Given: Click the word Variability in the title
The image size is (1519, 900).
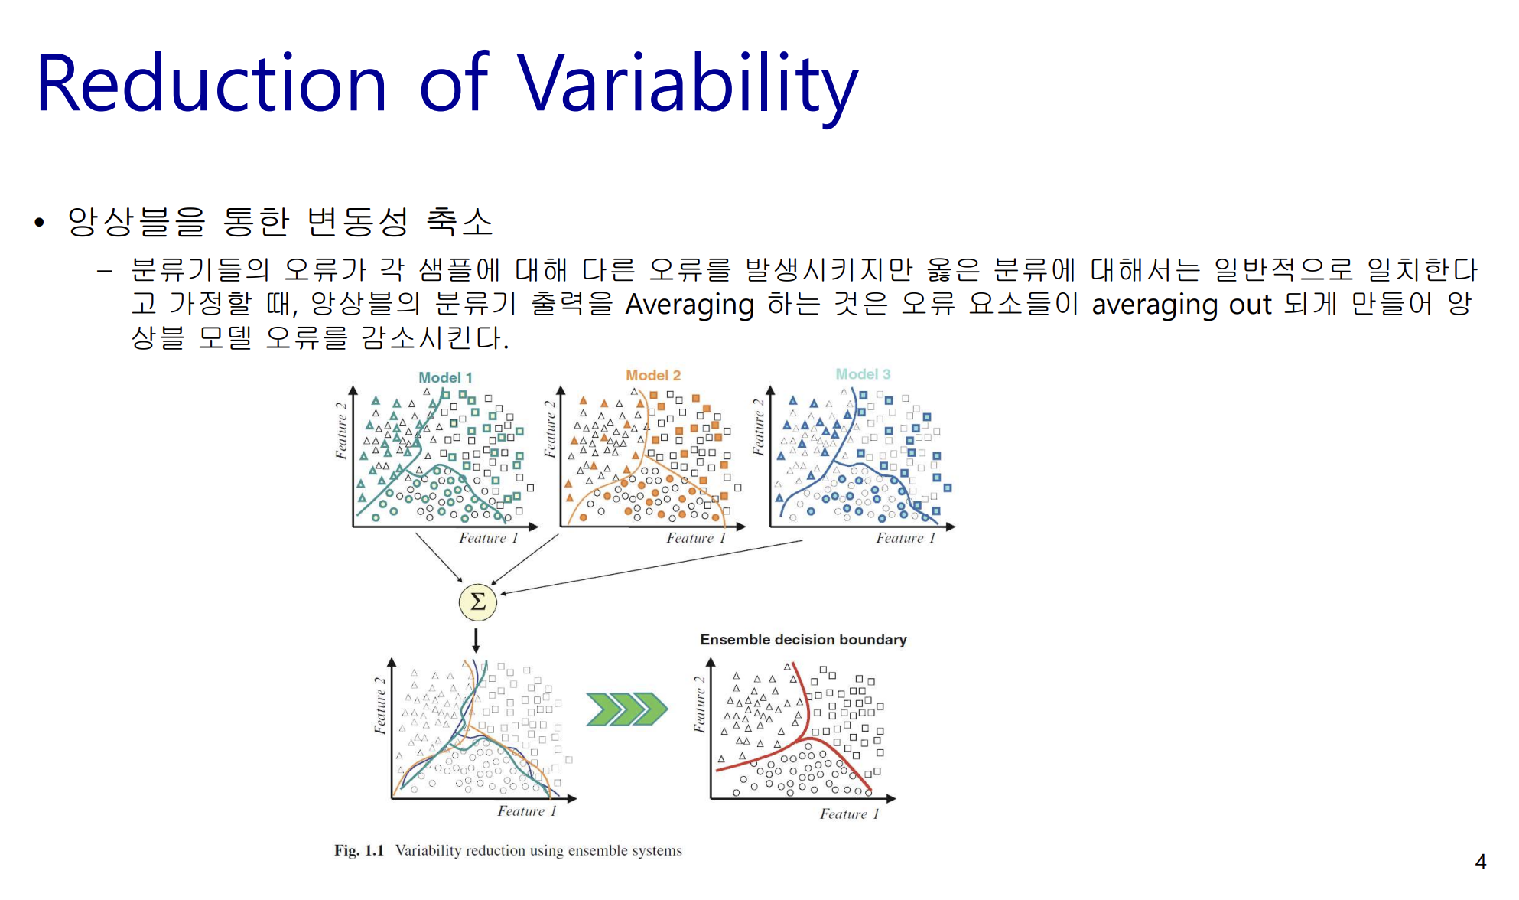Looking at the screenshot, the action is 688,86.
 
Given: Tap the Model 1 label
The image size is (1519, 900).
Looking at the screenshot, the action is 445,377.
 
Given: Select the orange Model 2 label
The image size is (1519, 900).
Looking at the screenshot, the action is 653,375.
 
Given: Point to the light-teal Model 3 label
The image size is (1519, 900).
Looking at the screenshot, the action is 863,374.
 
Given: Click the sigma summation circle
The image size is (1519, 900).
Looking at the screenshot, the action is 477,602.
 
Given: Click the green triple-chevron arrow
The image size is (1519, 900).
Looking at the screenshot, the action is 626,709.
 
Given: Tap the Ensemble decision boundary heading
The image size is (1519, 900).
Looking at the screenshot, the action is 803,639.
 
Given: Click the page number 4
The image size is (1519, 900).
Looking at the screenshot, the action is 1480,862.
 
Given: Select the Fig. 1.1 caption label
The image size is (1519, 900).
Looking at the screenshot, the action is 359,850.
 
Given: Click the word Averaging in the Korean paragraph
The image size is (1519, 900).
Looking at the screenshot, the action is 689,305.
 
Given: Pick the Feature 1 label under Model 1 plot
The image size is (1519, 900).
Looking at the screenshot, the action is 488,538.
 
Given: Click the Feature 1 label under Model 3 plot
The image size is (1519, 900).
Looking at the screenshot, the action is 906,538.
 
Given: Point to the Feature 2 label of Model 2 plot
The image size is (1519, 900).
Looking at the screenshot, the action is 549,429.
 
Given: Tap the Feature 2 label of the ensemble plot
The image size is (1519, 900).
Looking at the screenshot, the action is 699,704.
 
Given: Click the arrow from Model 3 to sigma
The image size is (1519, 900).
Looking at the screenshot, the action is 652,567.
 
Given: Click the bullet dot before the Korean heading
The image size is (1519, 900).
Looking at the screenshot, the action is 40,223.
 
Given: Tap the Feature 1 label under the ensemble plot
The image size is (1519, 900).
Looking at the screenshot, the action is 849,814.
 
